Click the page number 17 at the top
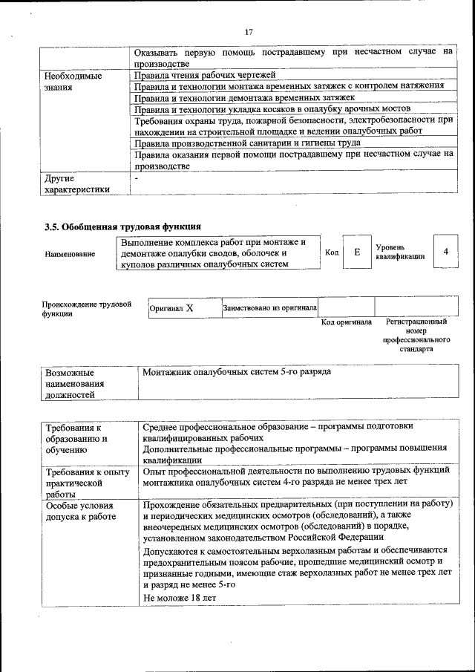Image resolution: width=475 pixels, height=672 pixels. coord(249,31)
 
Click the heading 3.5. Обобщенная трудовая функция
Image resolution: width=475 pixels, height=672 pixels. coord(122,226)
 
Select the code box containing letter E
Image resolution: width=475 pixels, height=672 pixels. coord(357,252)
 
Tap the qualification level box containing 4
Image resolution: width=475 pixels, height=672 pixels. coord(445,252)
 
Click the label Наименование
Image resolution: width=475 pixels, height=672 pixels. coord(70,254)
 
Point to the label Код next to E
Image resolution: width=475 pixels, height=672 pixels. coord(332,253)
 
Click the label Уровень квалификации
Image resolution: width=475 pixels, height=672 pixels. coord(400,252)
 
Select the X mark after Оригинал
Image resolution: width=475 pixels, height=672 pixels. coord(189,307)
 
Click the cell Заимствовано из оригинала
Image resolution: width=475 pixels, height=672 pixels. coord(270,307)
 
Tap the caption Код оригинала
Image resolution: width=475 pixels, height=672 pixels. coord(346,322)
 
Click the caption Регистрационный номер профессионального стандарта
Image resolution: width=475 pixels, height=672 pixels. coord(416,335)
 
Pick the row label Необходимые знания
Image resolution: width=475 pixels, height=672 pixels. coord(73,81)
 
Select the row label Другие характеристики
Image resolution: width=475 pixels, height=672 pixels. coord(77,184)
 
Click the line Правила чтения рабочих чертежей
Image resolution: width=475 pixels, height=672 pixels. coord(204,75)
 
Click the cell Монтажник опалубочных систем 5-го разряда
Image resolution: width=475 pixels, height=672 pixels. coord(237,371)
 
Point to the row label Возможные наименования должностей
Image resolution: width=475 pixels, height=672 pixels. coord(75,383)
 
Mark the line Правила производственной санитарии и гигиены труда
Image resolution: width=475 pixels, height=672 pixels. coord(247,142)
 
